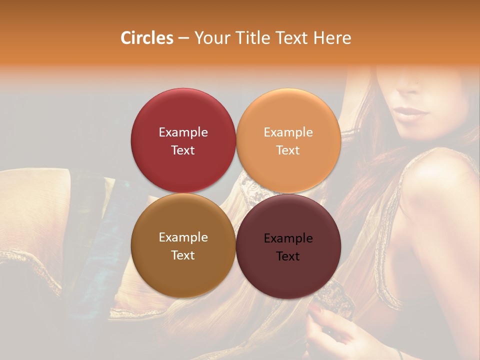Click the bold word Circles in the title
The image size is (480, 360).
click(146, 38)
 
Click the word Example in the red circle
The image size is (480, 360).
click(183, 132)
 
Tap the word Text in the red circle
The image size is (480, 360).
click(183, 150)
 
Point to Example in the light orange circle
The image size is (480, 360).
click(288, 132)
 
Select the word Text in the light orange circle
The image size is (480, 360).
click(288, 150)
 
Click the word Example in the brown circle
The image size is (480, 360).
click(183, 237)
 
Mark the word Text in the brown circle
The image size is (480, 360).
click(183, 255)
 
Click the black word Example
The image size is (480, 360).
click(288, 238)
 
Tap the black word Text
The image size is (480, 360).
click(288, 256)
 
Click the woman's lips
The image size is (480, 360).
click(411, 112)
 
